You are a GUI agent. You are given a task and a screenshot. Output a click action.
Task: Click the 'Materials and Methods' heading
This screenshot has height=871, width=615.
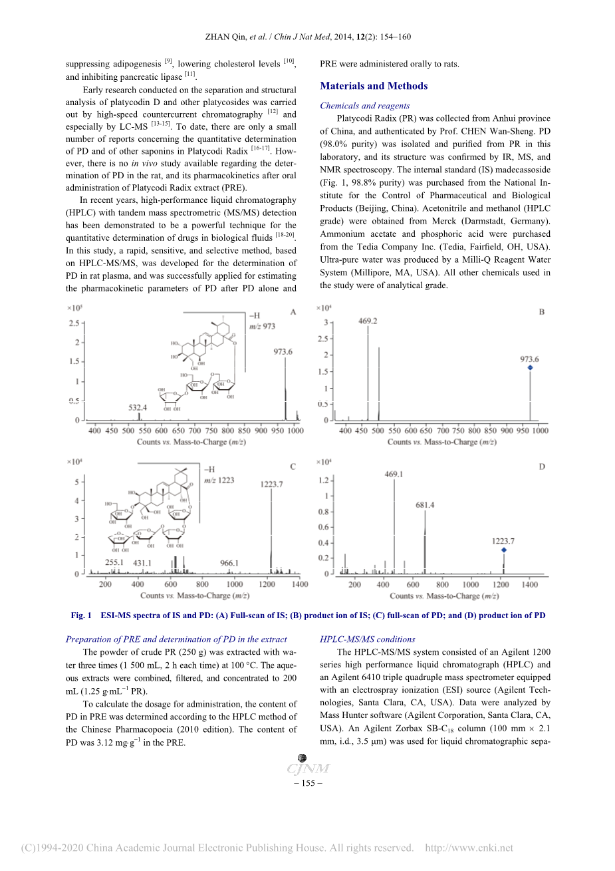(374, 86)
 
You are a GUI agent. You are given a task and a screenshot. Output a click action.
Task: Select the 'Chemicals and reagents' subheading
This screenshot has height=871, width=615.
(364, 106)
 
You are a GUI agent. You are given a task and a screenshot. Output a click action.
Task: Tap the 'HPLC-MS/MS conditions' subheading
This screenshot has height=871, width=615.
(367, 639)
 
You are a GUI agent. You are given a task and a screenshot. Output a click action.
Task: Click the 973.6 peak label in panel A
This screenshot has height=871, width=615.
(283, 351)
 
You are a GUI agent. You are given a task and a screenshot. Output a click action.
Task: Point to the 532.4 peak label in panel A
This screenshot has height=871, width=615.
(138, 407)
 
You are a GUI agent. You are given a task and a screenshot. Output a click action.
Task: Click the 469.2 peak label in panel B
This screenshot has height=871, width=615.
(368, 321)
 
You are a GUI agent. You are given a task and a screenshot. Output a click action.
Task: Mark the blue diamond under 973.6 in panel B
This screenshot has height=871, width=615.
(530, 368)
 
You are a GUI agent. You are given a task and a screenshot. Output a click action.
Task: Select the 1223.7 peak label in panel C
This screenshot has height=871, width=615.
(271, 484)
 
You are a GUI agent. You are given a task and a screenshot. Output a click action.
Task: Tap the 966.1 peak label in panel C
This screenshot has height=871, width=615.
(229, 563)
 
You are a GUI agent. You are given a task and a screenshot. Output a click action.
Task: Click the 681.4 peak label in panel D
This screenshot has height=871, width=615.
(425, 505)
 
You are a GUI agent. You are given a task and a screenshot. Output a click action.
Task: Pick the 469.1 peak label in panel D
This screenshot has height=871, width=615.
(394, 474)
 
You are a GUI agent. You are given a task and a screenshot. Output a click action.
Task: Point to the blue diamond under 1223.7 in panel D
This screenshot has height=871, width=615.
(503, 550)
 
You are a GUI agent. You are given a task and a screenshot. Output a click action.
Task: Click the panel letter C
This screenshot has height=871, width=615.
(293, 466)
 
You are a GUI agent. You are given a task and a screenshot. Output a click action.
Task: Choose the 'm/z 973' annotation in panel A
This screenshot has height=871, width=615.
(262, 327)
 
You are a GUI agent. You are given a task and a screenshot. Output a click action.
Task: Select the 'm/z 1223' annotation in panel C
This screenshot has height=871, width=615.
(219, 480)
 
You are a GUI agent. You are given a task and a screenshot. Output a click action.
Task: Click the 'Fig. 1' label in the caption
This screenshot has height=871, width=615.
(81, 615)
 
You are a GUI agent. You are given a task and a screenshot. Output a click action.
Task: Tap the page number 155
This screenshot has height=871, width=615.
(308, 783)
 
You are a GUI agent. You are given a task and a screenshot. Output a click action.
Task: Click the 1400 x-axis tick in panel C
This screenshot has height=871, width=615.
(300, 584)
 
